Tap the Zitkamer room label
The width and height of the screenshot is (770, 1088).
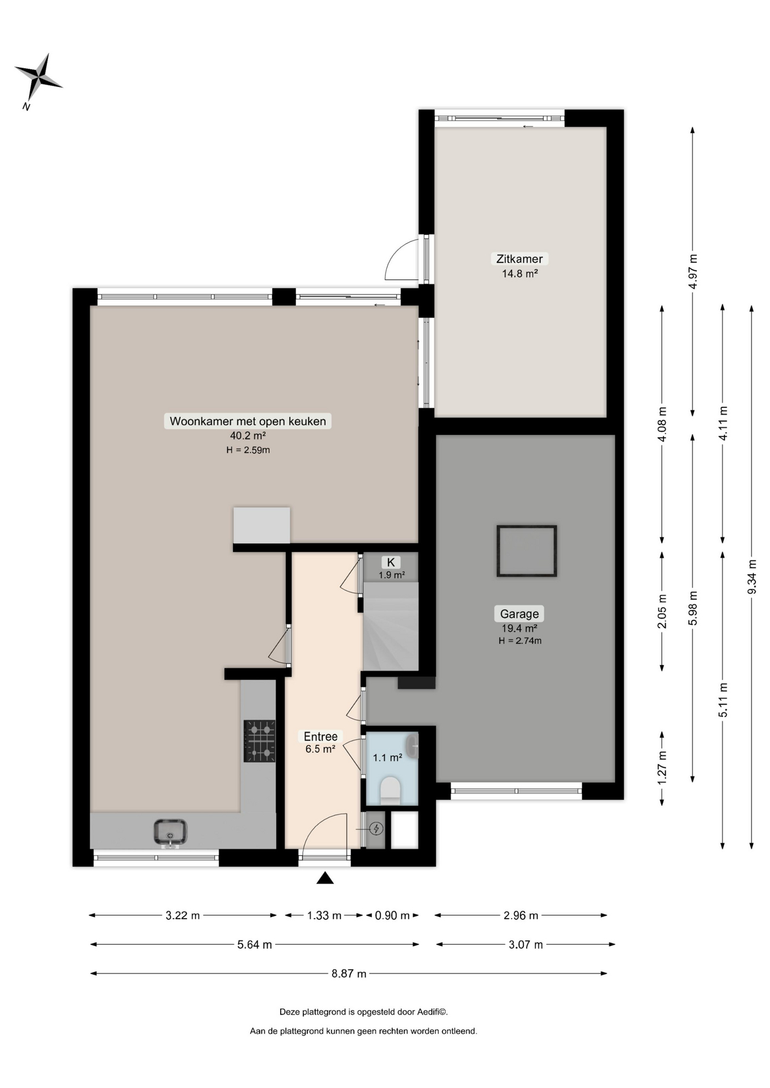pyautogui.click(x=519, y=259)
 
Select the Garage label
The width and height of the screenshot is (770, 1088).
pyautogui.click(x=519, y=614)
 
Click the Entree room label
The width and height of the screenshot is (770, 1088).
pyautogui.click(x=320, y=736)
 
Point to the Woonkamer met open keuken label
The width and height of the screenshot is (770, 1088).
pyautogui.click(x=248, y=421)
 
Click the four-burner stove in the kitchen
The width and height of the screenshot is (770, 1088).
pyautogui.click(x=260, y=741)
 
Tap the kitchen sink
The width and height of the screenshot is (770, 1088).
pyautogui.click(x=170, y=832)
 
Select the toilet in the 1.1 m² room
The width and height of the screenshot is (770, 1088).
pyautogui.click(x=390, y=790)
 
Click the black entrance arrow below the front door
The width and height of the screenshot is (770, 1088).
pyautogui.click(x=325, y=878)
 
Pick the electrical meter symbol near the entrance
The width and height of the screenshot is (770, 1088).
pyautogui.click(x=376, y=829)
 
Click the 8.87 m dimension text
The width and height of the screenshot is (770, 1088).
pyautogui.click(x=349, y=974)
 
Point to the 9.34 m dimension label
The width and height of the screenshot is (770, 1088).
pyautogui.click(x=752, y=577)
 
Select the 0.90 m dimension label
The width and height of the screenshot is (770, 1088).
pyautogui.click(x=392, y=915)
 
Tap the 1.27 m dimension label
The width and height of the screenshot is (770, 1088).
pyautogui.click(x=662, y=768)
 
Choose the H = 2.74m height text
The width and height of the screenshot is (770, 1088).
pyautogui.click(x=520, y=641)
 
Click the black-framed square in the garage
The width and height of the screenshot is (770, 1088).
pyautogui.click(x=527, y=551)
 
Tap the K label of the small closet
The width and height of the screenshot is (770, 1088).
pyautogui.click(x=391, y=562)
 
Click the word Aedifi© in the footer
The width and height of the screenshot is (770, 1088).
pyautogui.click(x=432, y=1011)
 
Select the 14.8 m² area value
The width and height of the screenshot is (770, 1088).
pyautogui.click(x=519, y=274)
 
